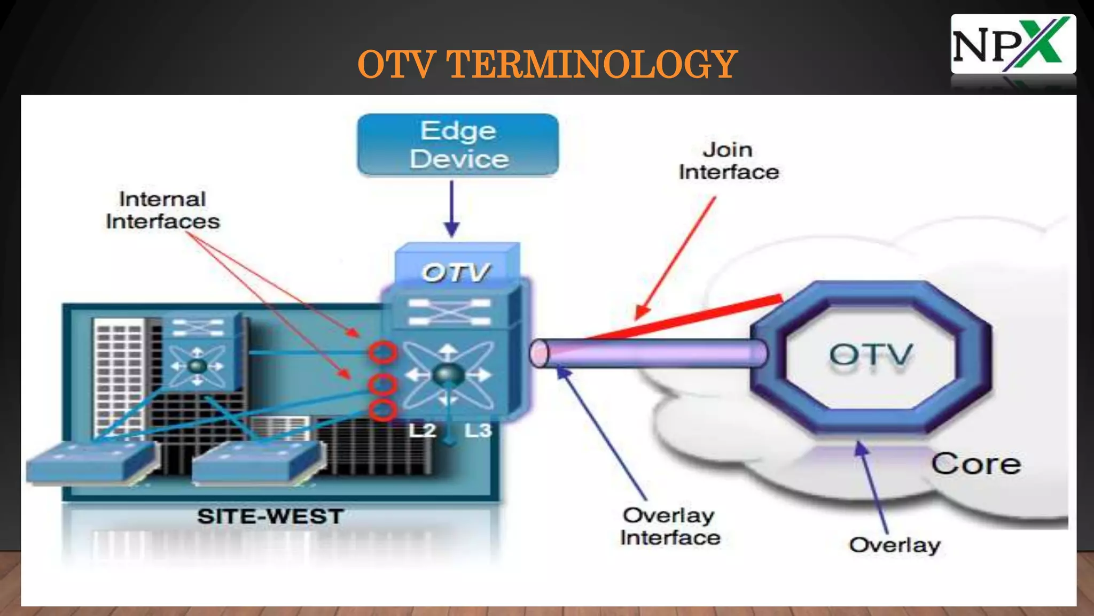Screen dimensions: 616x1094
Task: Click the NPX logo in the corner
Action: click(x=1013, y=44)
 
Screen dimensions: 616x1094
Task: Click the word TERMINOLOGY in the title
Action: click(x=592, y=65)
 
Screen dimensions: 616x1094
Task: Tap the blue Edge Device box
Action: click(x=458, y=145)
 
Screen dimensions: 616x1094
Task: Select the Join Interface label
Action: click(x=728, y=161)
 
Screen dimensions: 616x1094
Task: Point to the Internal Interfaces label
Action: click(x=162, y=210)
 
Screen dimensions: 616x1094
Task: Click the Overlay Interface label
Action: click(x=670, y=527)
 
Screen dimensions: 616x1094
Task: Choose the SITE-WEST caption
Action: click(x=270, y=517)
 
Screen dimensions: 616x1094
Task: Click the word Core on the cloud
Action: click(x=976, y=464)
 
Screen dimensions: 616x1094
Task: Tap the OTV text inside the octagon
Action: click(x=871, y=355)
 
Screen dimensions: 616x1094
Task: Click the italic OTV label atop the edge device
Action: click(x=455, y=273)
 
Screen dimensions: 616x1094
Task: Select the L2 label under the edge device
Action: click(x=422, y=430)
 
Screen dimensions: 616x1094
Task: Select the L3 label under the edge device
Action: click(x=477, y=430)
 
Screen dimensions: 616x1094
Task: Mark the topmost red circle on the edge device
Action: click(x=382, y=353)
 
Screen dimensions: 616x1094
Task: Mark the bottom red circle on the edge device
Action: click(x=382, y=411)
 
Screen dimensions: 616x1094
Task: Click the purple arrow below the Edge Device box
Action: click(x=452, y=209)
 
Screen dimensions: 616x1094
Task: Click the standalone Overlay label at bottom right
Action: click(x=895, y=545)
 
